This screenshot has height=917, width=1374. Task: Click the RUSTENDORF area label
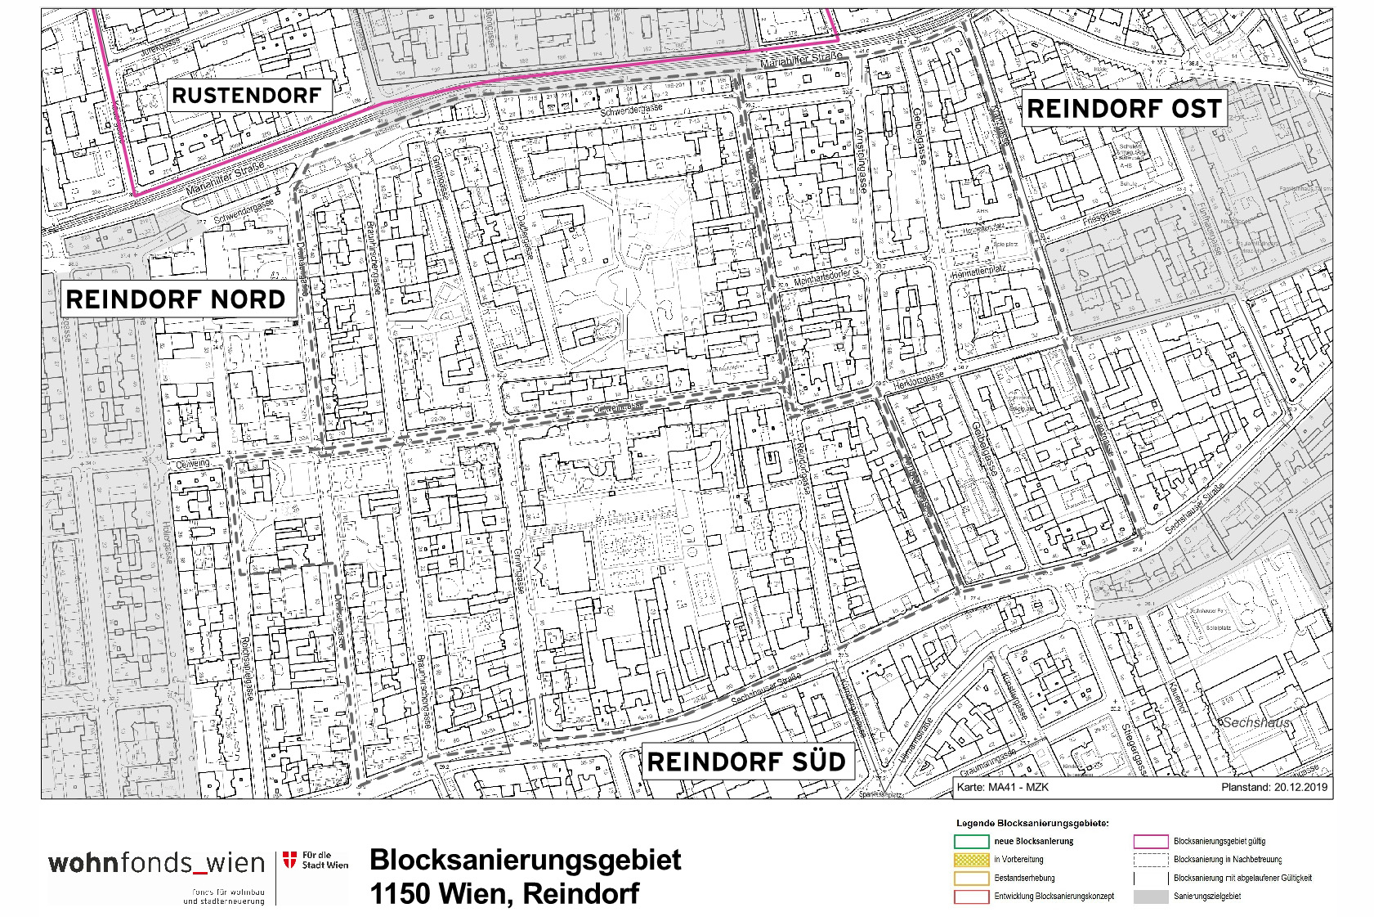point(246,96)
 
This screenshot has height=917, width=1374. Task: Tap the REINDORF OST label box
point(1123,108)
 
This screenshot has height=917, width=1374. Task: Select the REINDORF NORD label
point(175,299)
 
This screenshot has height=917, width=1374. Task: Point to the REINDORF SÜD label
point(745,762)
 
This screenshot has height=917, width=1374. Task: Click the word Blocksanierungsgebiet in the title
point(525,860)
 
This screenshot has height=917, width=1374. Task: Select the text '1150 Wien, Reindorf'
point(504,893)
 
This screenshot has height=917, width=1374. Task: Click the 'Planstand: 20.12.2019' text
point(1273,789)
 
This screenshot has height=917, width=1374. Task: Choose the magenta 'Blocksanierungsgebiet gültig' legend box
point(1149,841)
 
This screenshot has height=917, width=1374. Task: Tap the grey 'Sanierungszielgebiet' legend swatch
point(1149,897)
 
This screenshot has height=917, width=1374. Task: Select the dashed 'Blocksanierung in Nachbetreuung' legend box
point(1149,860)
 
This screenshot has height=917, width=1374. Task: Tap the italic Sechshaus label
point(1255,723)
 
